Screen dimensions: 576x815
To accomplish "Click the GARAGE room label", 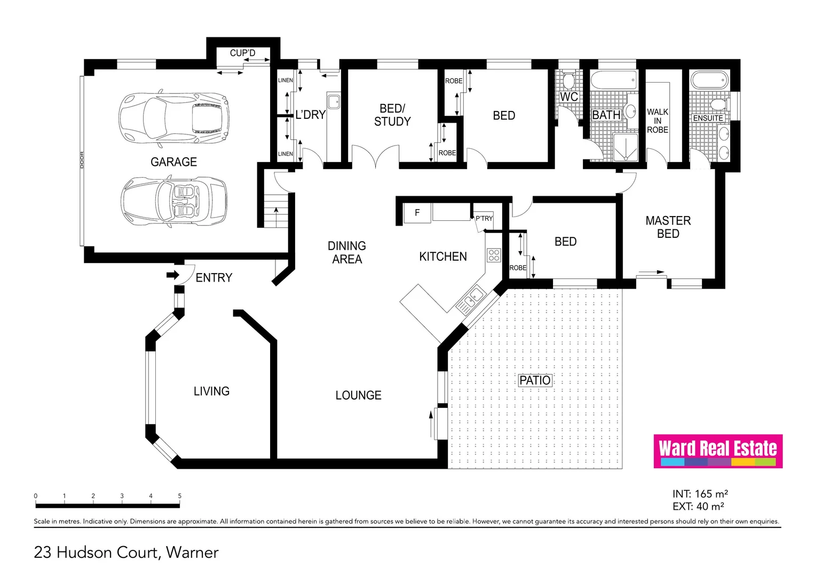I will [x=173, y=162].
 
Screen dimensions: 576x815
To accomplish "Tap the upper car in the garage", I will [x=173, y=118].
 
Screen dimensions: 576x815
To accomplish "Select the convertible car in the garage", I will [x=174, y=202].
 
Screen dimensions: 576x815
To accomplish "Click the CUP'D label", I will [x=242, y=53].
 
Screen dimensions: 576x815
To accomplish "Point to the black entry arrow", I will [x=172, y=275].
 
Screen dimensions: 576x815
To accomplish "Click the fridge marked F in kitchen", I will [x=417, y=213].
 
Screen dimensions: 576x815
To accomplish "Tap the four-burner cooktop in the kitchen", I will [x=494, y=255].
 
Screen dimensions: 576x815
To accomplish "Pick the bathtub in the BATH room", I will [x=613, y=81].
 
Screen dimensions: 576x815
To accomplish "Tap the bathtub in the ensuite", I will [x=709, y=81].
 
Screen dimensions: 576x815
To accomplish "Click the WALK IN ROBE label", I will [x=658, y=121].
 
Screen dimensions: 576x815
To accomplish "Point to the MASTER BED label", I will [x=668, y=227].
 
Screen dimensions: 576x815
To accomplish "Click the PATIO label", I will [x=535, y=380].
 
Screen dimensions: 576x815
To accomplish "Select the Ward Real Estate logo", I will [x=718, y=451].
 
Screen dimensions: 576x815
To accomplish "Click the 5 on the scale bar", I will [x=180, y=496].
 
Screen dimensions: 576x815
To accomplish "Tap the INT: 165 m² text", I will [x=700, y=494].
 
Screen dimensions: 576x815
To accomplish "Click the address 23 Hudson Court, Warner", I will [x=126, y=553].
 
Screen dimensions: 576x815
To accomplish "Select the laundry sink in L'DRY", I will [x=334, y=101].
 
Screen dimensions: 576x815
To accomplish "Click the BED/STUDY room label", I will [x=392, y=115].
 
